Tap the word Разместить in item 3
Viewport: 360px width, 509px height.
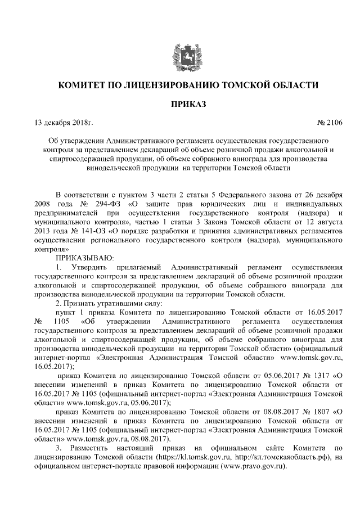92,448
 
